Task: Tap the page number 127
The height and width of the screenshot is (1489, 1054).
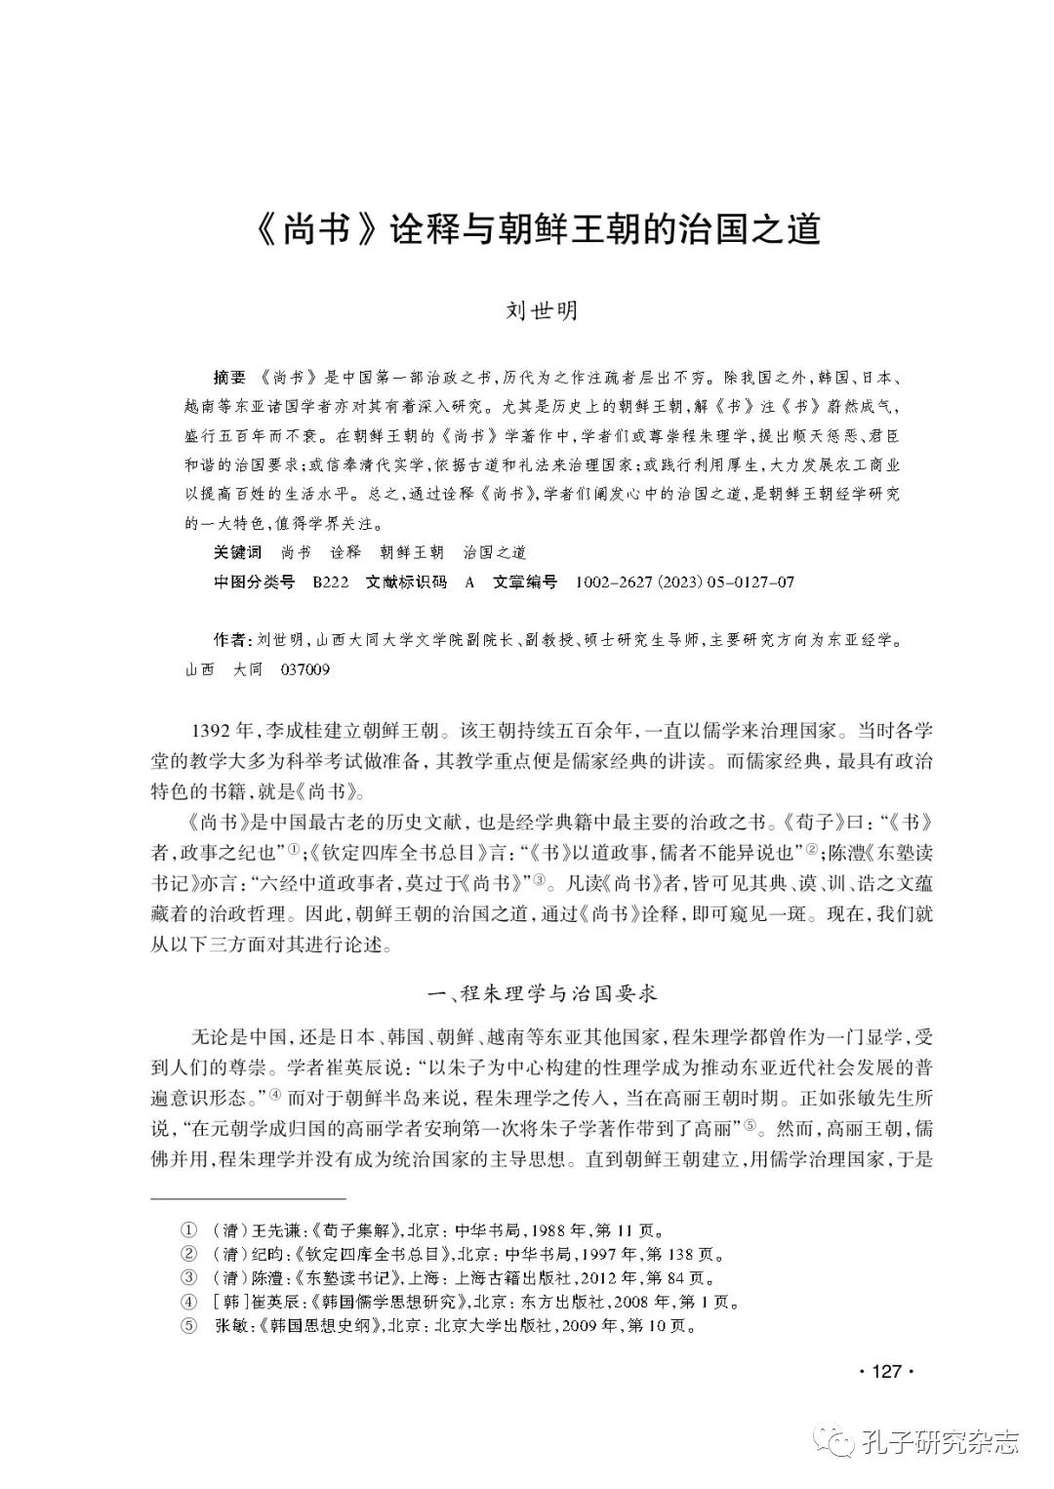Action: coord(885,1371)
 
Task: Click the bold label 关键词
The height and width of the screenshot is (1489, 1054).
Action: coord(237,552)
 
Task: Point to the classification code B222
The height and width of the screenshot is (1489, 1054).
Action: coord(331,583)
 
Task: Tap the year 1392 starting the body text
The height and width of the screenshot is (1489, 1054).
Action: coord(211,731)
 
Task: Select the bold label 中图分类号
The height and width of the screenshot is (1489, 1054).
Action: coord(254,583)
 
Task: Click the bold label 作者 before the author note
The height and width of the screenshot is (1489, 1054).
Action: coord(229,640)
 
